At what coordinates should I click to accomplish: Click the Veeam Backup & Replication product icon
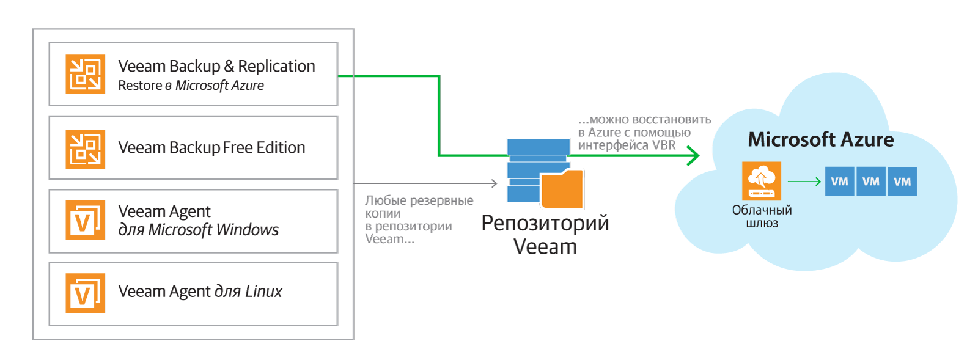tap(85, 74)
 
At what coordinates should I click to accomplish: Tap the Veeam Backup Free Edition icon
tap(85, 149)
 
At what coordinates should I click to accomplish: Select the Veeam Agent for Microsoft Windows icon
tap(85, 220)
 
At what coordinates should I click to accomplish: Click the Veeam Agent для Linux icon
tap(85, 293)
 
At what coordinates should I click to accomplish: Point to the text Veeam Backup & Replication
tap(216, 67)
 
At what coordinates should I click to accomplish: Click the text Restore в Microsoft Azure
tap(191, 85)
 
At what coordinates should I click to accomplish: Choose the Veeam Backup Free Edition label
tap(211, 148)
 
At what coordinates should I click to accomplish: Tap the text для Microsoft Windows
tap(198, 230)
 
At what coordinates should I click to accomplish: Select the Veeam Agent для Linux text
tap(200, 291)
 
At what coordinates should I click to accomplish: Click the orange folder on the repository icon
tap(562, 189)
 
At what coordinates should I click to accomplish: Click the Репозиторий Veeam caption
tap(545, 235)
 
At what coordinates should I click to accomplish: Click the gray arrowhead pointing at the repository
tap(495, 183)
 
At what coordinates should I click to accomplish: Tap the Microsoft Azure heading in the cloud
tap(821, 139)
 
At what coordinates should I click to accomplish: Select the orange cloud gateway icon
tap(762, 181)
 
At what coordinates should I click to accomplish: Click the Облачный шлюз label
tap(762, 216)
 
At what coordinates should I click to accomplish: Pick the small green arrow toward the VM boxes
tap(804, 181)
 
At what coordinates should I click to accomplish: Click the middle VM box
tap(871, 181)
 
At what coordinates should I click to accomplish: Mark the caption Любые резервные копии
tap(419, 207)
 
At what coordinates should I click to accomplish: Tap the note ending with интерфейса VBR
tap(645, 132)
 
